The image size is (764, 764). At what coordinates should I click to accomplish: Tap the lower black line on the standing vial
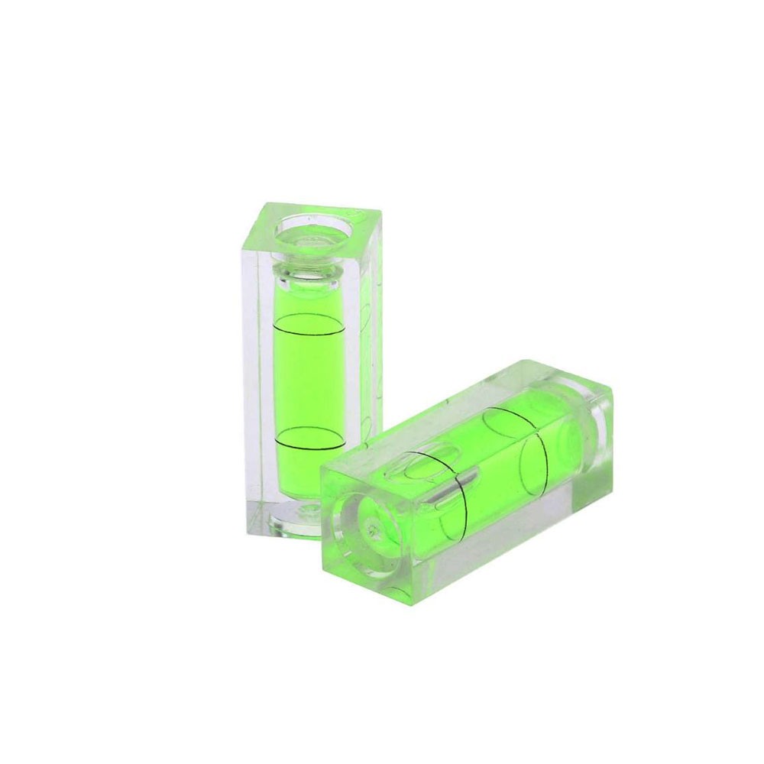(x=312, y=443)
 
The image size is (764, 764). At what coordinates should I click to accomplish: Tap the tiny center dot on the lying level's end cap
(x=370, y=527)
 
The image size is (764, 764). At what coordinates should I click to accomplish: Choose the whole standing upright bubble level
(x=313, y=367)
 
